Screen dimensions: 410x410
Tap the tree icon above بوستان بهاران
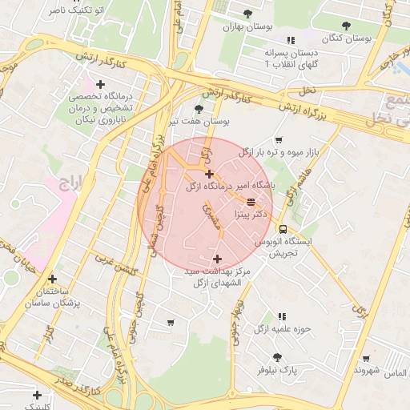coord(249,12)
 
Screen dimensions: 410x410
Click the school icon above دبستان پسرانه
coord(291,38)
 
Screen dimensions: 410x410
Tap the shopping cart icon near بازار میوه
coord(278,139)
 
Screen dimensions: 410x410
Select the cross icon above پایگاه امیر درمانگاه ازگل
coord(209,174)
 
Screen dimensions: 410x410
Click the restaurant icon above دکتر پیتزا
coord(251,202)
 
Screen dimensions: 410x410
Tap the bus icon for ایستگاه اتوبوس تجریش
coord(282,228)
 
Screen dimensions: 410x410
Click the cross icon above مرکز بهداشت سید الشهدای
coord(217,259)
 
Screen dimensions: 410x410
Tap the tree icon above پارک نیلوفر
coord(277,357)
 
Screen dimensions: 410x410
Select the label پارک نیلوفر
coord(277,371)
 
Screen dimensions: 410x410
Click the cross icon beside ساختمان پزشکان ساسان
coord(52,279)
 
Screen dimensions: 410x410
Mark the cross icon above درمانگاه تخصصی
coord(101,84)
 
